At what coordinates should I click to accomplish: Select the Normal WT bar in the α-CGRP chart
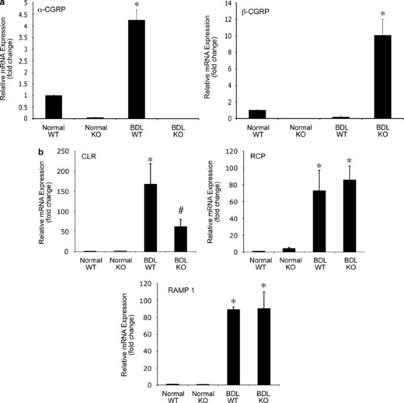click(53, 107)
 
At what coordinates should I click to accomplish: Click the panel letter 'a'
click(3, 3)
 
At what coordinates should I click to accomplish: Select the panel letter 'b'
click(41, 151)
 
